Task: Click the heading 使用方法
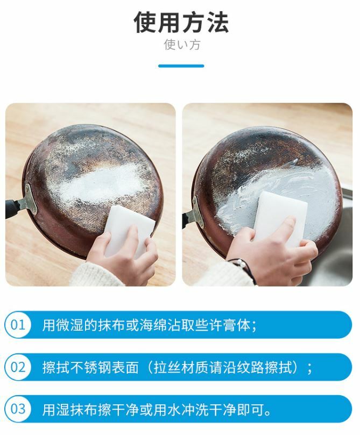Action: tap(181, 23)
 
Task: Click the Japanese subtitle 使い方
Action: tap(182, 45)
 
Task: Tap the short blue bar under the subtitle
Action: tap(181, 66)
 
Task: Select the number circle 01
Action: tap(18, 325)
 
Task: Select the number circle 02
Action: tap(18, 367)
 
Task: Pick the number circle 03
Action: tap(18, 409)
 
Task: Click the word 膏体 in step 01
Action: tap(237, 325)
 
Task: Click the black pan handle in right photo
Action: tap(188, 219)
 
